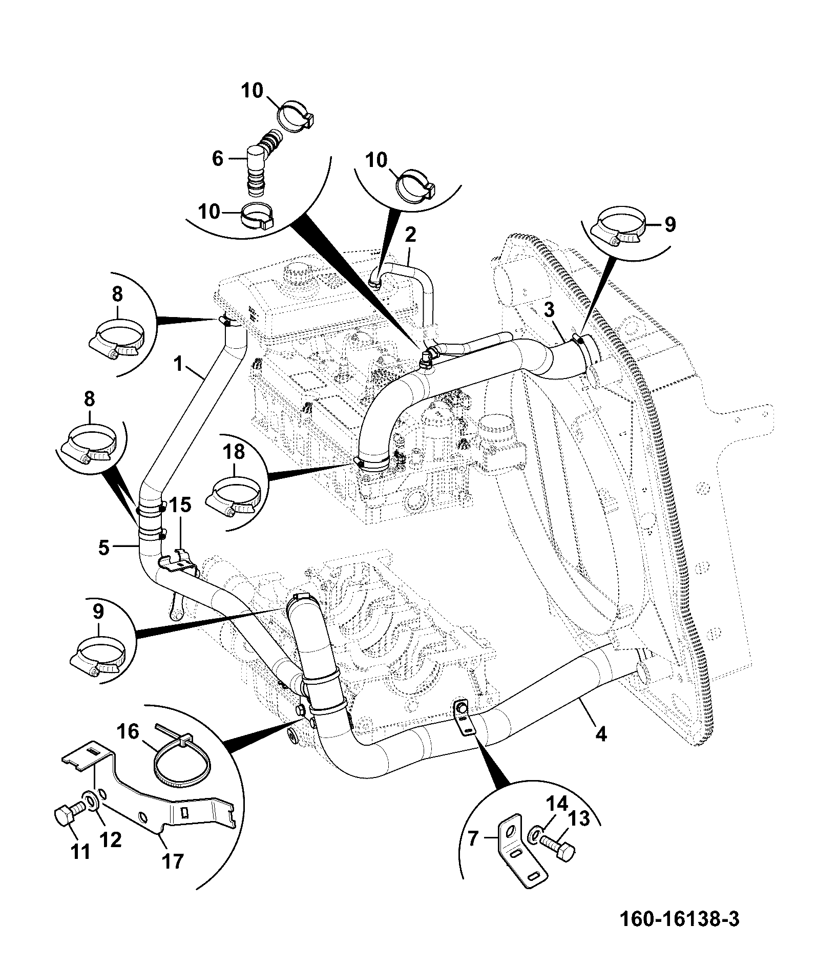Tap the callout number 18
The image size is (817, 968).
click(234, 452)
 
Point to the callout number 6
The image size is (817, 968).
click(218, 159)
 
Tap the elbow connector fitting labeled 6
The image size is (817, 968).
click(263, 164)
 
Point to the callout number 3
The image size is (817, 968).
click(549, 310)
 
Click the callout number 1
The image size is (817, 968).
click(178, 364)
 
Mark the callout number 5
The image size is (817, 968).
click(104, 548)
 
